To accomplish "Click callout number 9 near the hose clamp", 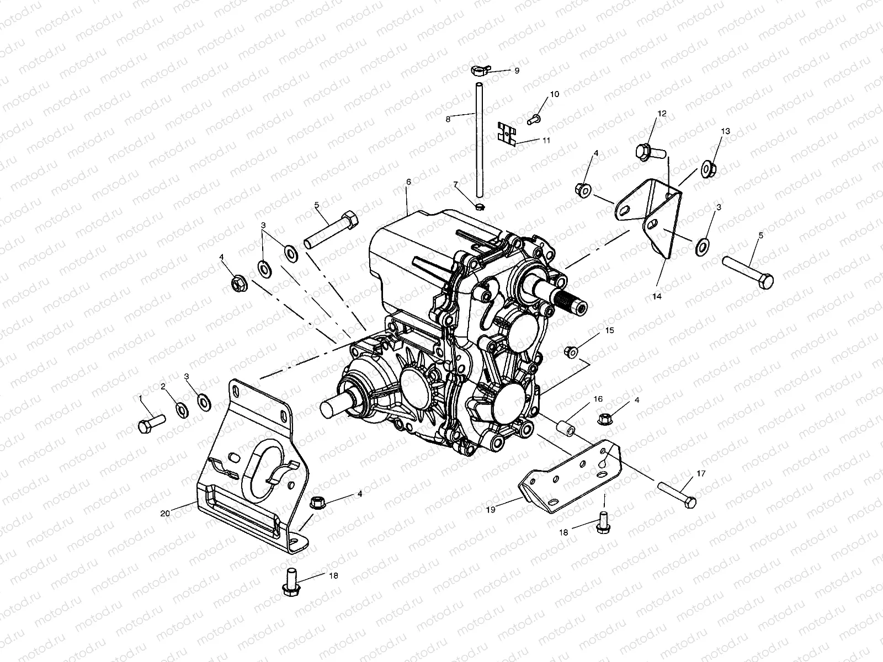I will [x=517, y=71].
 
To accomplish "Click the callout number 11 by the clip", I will [x=546, y=141].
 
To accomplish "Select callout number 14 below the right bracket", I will [x=656, y=296].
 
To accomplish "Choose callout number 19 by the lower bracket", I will [x=491, y=510].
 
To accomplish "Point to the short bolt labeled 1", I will [x=151, y=424].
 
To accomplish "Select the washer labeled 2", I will [x=180, y=409].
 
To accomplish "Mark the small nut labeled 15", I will [x=571, y=350].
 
